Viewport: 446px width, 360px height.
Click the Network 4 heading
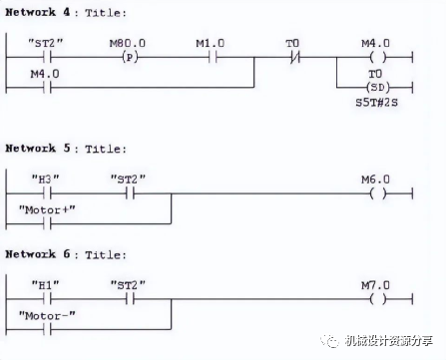click(x=66, y=13)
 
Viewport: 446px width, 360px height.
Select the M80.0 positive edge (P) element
click(x=130, y=58)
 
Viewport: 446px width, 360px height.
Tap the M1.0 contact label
click(x=210, y=43)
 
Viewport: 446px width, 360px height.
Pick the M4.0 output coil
click(x=378, y=58)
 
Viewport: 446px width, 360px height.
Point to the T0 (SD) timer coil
click(x=378, y=88)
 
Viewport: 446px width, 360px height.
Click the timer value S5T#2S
click(x=376, y=103)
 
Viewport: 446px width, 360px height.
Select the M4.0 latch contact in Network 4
click(x=47, y=88)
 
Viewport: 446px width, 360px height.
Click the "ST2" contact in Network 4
click(x=47, y=58)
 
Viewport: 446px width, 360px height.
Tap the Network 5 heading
click(x=66, y=149)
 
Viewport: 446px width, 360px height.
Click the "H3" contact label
click(x=45, y=180)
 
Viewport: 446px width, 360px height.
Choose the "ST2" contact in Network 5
click(x=130, y=193)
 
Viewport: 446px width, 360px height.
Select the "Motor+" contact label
click(x=47, y=210)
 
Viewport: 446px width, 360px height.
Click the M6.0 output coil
click(x=378, y=193)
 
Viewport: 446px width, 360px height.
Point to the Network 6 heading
click(x=66, y=254)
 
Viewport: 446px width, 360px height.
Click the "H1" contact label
click(x=45, y=285)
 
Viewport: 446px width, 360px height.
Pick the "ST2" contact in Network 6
click(x=130, y=299)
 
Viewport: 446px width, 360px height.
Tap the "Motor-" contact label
click(x=47, y=316)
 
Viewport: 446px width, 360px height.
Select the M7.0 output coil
click(x=378, y=299)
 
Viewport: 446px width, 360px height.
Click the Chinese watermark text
click(x=388, y=341)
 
